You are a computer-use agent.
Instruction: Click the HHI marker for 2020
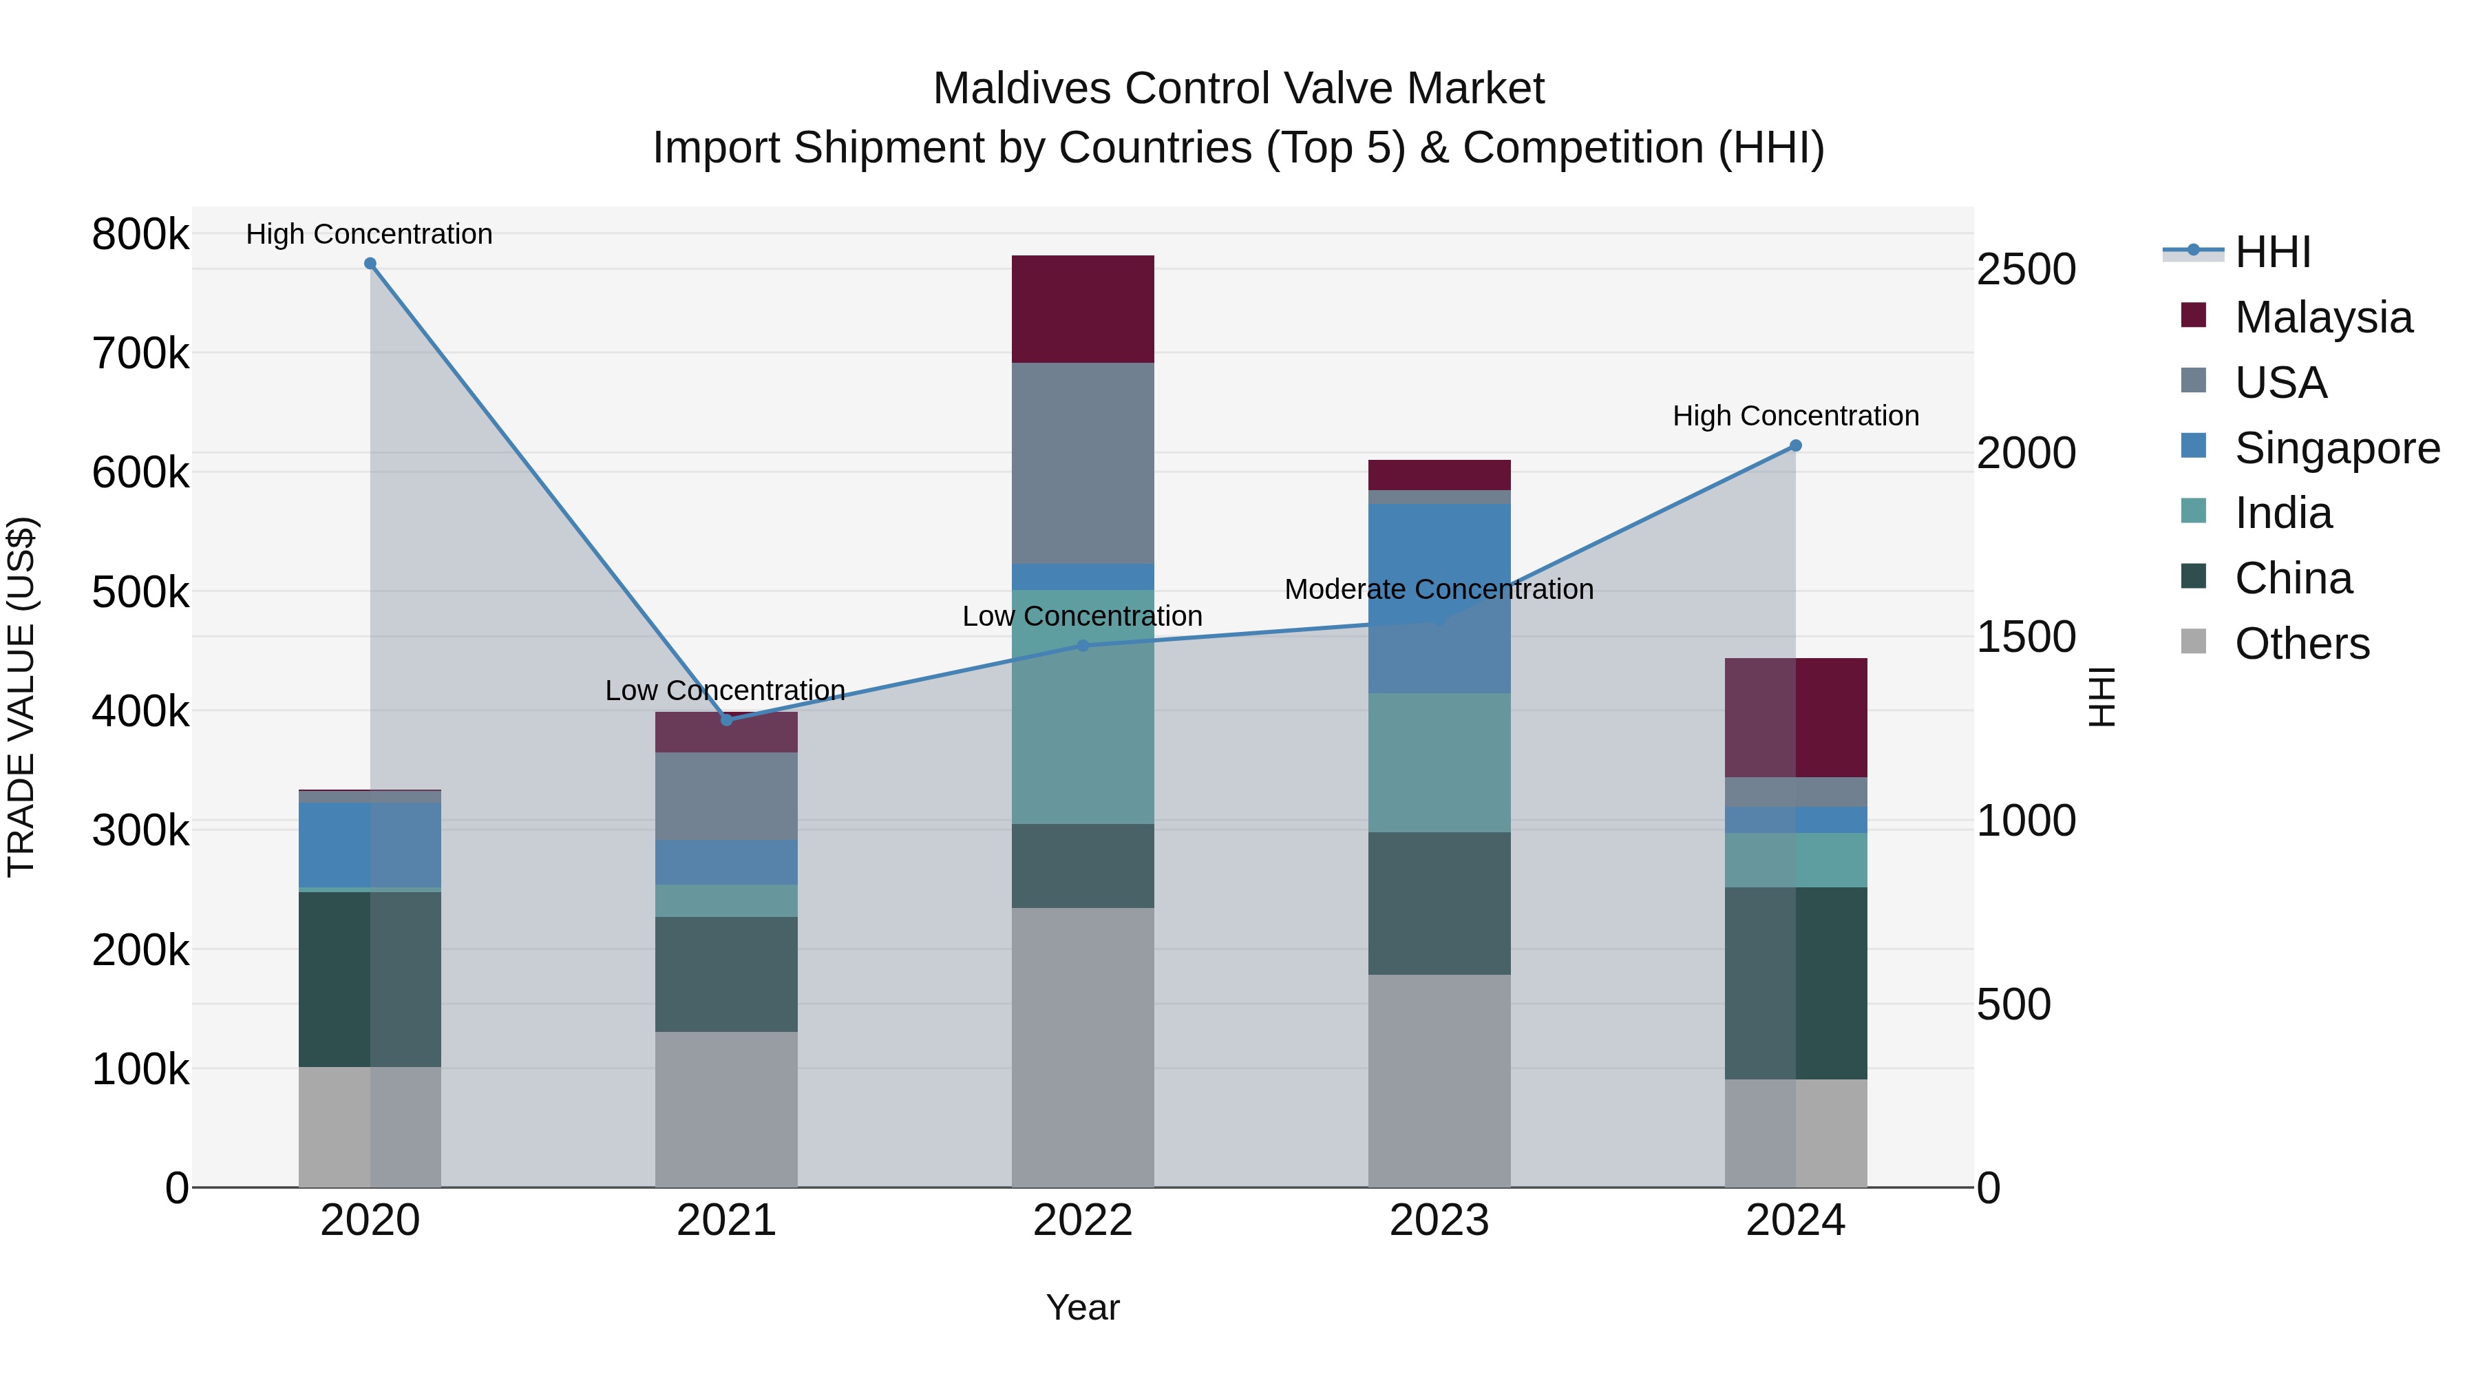(370, 264)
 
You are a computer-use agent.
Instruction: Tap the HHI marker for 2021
(726, 719)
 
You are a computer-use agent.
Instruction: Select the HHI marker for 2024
(1795, 445)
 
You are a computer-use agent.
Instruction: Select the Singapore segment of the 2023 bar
(1439, 598)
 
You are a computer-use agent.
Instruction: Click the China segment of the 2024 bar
(1795, 982)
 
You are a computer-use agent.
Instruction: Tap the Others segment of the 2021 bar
(726, 1109)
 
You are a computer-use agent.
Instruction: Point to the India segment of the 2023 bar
(1439, 762)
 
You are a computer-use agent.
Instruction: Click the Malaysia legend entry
(2322, 317)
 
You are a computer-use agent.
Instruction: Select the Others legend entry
(2301, 644)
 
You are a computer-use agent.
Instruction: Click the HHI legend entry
(2271, 252)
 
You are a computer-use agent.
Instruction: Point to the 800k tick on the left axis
(140, 234)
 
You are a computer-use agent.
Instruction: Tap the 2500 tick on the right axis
(2025, 269)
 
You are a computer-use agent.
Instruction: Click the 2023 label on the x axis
(1439, 1221)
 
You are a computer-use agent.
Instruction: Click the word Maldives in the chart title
(1021, 89)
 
